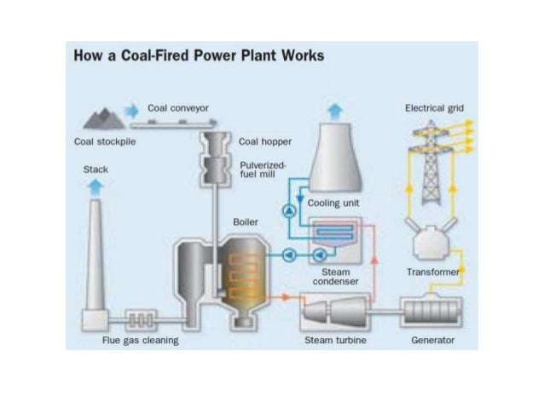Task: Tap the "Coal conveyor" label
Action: [x=178, y=108]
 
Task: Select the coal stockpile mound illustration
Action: [x=101, y=118]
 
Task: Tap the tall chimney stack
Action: [x=95, y=256]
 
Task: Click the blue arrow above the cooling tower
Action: [x=338, y=110]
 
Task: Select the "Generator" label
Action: [x=433, y=341]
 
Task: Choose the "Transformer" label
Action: [x=432, y=273]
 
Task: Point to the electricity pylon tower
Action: [x=431, y=162]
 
